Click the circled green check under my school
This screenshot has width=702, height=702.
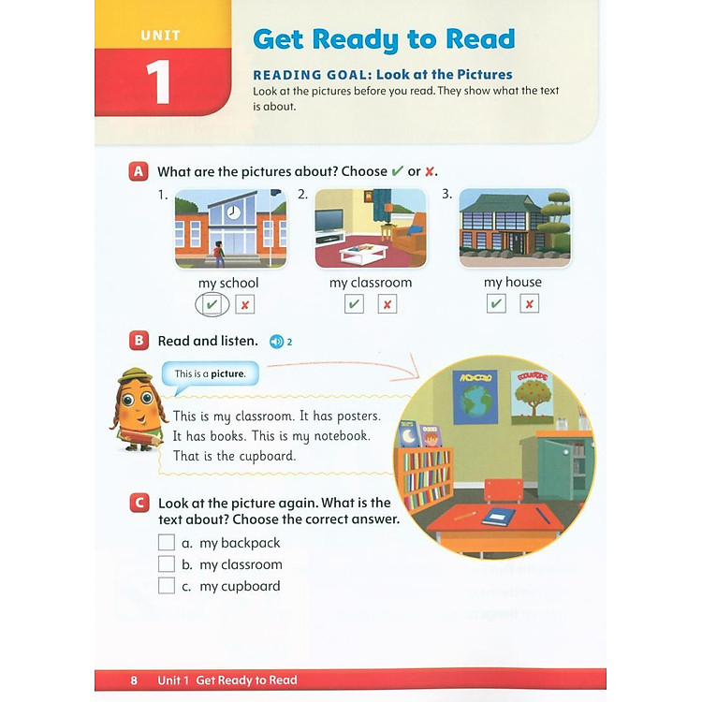tap(212, 304)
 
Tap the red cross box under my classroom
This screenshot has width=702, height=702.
tap(388, 304)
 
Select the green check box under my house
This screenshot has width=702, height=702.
tap(496, 304)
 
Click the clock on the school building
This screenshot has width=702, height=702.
tap(233, 212)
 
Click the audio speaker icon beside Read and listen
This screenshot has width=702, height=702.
tap(276, 342)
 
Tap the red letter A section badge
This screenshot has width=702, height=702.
tap(139, 171)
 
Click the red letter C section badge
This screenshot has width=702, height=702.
tap(139, 504)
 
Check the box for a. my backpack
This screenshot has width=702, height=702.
tap(167, 543)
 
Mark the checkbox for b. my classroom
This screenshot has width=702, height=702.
tap(167, 564)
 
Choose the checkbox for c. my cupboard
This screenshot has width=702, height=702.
tap(167, 586)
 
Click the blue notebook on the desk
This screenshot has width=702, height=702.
tap(501, 515)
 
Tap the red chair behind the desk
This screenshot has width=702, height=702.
tap(504, 489)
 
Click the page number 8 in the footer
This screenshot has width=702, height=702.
tap(134, 680)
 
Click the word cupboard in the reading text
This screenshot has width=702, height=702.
tap(268, 457)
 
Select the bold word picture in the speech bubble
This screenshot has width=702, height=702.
tap(227, 374)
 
